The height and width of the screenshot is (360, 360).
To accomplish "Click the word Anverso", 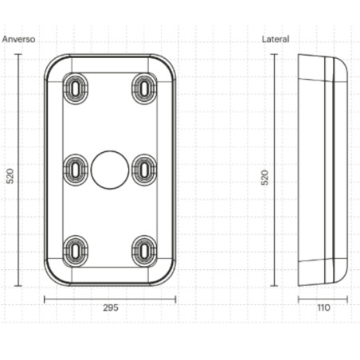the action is click(18, 39).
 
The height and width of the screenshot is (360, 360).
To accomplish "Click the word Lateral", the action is click(276, 39).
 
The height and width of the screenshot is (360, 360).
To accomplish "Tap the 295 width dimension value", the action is click(111, 307).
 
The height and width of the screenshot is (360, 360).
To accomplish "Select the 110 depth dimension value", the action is click(323, 307).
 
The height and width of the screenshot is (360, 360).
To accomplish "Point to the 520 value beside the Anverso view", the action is click(10, 176).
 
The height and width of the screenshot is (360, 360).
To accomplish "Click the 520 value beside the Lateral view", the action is click(264, 178).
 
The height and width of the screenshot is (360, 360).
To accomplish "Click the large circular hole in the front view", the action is click(110, 170).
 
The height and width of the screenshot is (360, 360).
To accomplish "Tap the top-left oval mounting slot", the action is click(76, 88).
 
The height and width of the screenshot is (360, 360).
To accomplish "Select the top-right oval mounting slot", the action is click(144, 88).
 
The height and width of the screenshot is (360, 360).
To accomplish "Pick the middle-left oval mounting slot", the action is click(76, 170).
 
